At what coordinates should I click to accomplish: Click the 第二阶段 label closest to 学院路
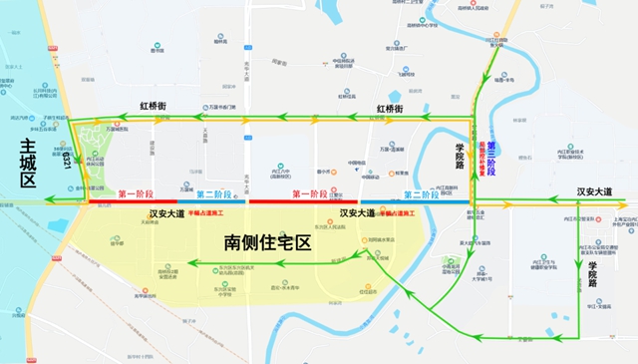point(417,193)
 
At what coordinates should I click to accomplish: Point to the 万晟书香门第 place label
point(221,107)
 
